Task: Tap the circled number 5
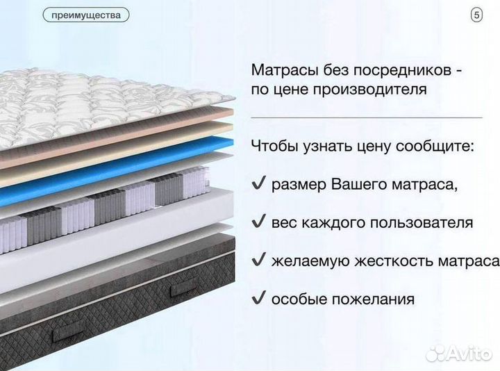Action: tap(476, 15)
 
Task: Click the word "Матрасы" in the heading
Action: tap(281, 71)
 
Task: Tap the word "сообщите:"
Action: tap(440, 147)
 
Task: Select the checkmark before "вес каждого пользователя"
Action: tap(258, 223)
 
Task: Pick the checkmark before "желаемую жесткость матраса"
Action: tap(258, 261)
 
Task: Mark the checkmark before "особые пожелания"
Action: tap(258, 299)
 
